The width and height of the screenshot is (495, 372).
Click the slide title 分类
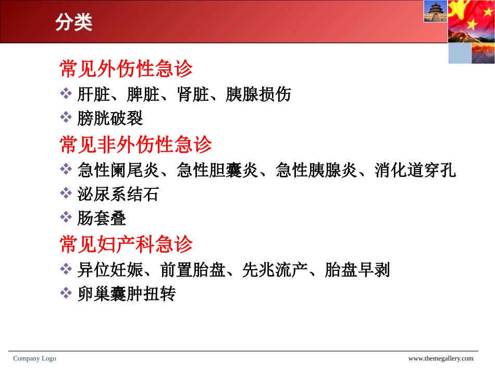(73, 22)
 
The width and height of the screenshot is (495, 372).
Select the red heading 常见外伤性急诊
(126, 69)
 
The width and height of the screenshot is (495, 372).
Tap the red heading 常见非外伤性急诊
(135, 145)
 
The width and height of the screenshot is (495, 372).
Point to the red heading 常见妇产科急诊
(126, 244)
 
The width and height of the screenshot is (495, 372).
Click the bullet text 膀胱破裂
(110, 118)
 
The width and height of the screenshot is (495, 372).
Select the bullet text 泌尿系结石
(118, 194)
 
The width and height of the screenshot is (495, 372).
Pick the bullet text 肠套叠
(102, 218)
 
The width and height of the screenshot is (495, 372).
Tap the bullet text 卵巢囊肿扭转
(126, 294)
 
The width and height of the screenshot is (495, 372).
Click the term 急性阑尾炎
(118, 170)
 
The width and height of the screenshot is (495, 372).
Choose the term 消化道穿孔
(415, 170)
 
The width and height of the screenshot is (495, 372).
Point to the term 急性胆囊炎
(217, 170)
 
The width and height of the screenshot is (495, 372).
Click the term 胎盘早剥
(357, 270)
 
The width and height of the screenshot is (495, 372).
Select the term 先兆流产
(275, 270)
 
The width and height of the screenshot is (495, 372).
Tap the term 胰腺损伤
(258, 94)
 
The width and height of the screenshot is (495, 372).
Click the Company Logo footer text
(34, 358)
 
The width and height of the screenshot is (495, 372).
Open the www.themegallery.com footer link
(440, 358)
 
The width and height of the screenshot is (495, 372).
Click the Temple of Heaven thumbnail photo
(435, 11)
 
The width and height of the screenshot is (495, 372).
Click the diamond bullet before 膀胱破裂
(66, 117)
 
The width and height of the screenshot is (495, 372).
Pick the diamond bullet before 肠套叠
(66, 217)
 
